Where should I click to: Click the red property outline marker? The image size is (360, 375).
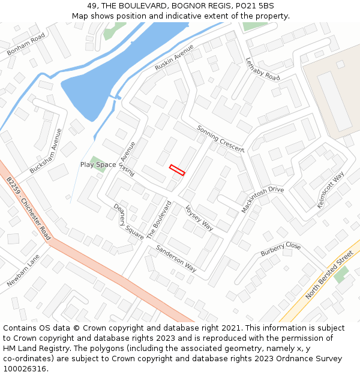click(x=177, y=170)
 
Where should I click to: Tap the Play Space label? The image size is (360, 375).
click(x=98, y=164)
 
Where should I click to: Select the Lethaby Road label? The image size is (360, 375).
click(x=263, y=69)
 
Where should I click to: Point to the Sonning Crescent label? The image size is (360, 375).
click(x=220, y=139)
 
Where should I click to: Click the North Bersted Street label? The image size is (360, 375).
click(x=329, y=275)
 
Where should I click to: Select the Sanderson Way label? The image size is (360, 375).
click(x=176, y=258)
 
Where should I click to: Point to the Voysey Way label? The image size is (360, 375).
click(x=199, y=217)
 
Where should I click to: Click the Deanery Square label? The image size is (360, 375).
click(x=128, y=221)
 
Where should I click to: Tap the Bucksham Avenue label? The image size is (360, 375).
click(x=46, y=151)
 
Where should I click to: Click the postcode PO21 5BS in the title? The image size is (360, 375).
click(x=254, y=5)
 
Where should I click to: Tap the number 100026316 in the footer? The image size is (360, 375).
click(x=25, y=368)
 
